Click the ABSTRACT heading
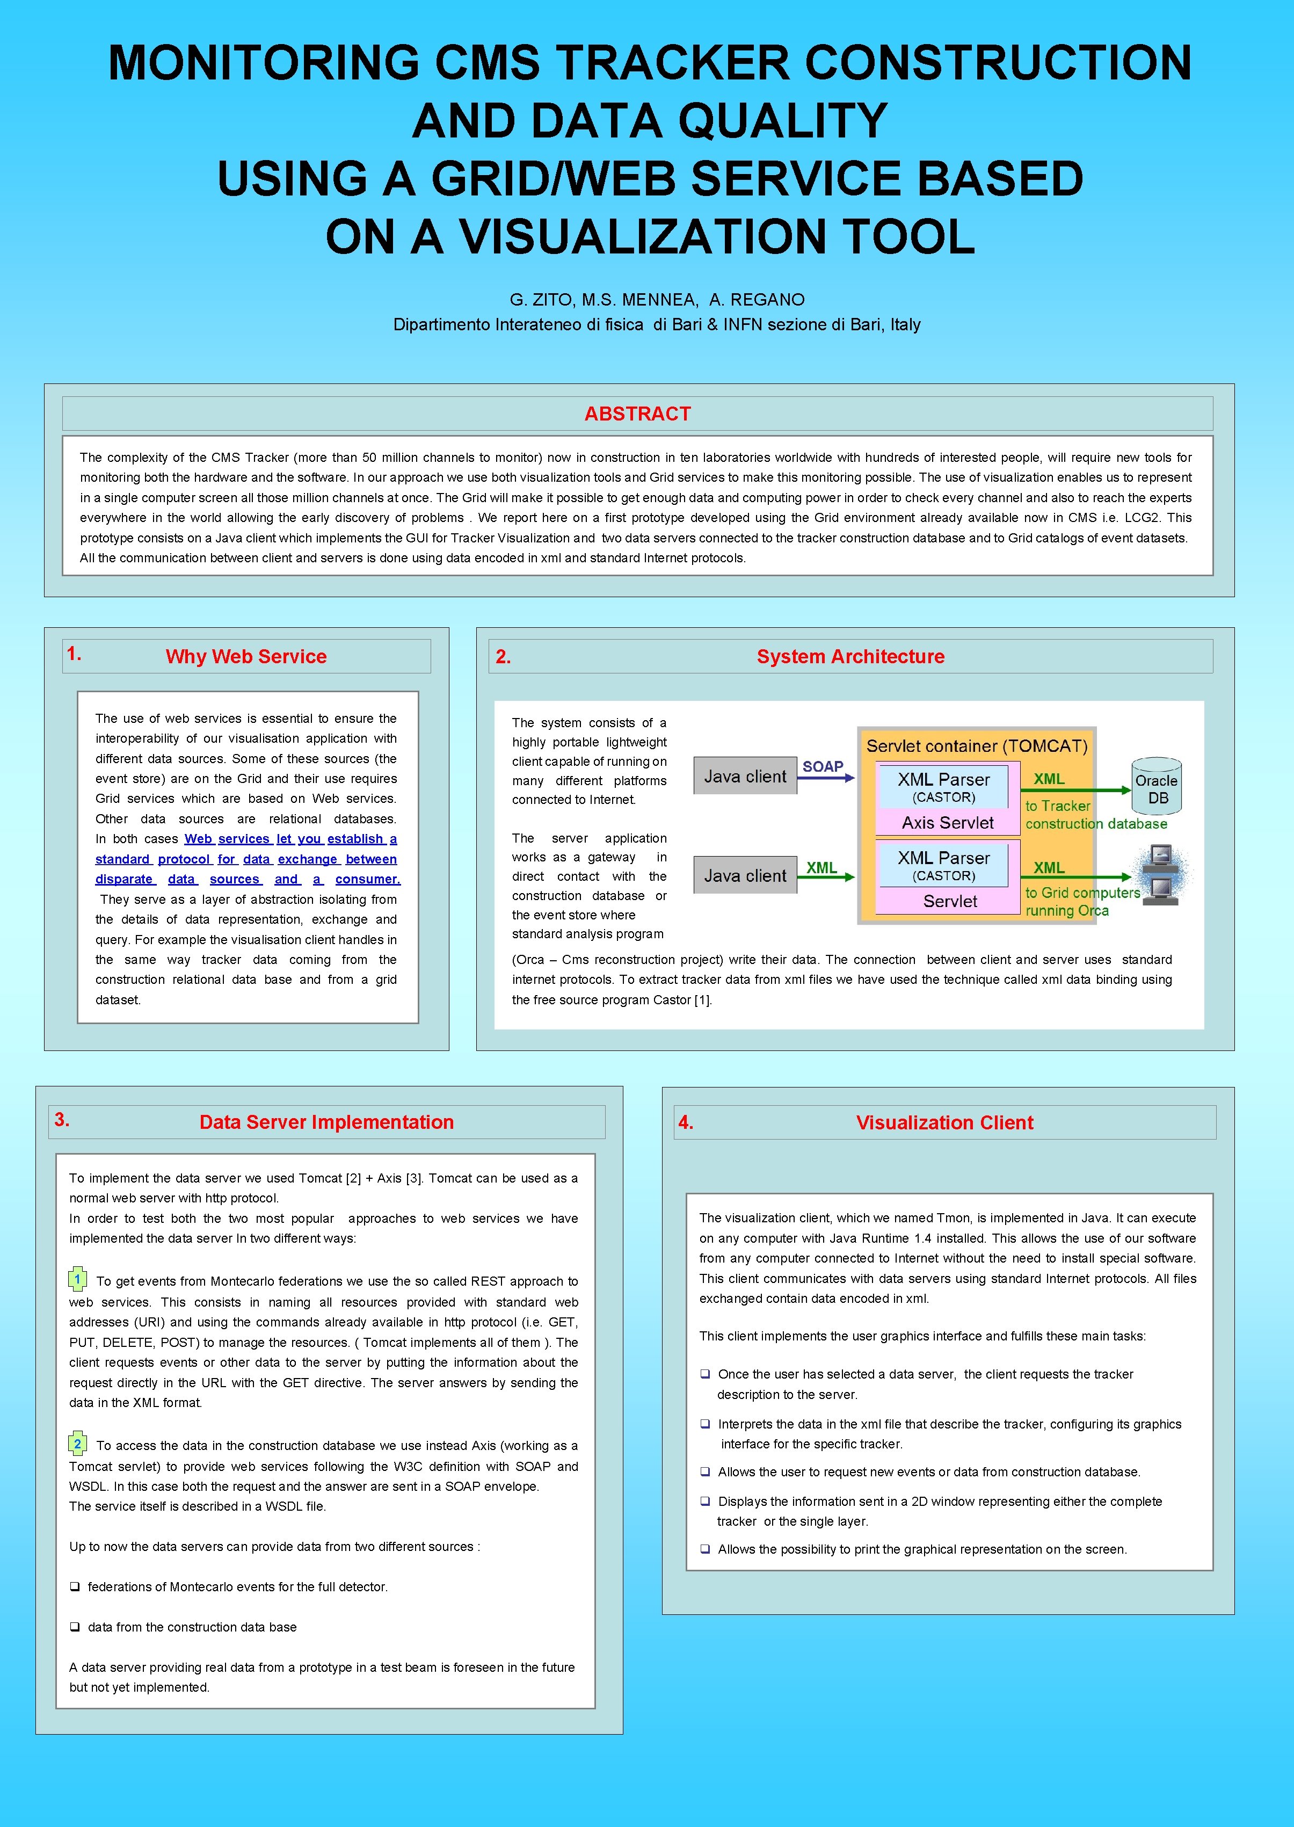(637, 414)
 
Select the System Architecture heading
(850, 657)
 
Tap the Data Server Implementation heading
(326, 1122)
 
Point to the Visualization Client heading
(944, 1122)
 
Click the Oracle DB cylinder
(1157, 787)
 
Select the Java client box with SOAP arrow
(745, 776)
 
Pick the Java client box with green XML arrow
(745, 876)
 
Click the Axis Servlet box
(947, 822)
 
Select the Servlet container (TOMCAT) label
(977, 746)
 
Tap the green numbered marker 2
(77, 1444)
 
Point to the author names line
(657, 300)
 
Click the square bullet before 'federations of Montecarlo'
(74, 1587)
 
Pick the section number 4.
(685, 1122)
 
